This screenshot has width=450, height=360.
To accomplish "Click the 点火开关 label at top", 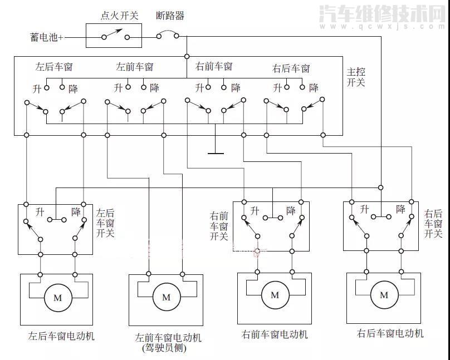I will point(119,16).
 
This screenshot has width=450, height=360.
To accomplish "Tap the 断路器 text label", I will point(170,16).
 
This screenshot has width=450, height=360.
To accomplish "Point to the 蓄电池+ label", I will point(47,37).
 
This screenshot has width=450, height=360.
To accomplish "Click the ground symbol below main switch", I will point(215,152).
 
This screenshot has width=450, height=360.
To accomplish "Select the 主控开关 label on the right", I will point(356,77).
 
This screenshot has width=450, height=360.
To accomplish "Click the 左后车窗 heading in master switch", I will point(54,67).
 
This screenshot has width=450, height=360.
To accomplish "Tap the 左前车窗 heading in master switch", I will point(134,67).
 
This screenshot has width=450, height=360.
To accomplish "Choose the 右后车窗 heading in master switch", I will point(291,69).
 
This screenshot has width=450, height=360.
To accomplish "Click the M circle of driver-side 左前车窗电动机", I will point(166,297).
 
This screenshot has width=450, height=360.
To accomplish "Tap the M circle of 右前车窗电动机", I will point(275,295).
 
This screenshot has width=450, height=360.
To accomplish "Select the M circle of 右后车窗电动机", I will point(383,295).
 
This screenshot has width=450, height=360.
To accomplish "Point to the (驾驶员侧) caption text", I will point(164,349).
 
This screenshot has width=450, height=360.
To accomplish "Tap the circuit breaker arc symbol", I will point(168,34).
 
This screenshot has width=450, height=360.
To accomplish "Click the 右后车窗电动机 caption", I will point(390,333).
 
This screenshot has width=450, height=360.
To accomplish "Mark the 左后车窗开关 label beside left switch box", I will point(105,223).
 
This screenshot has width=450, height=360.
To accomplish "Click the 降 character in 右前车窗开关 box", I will point(291,210).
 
